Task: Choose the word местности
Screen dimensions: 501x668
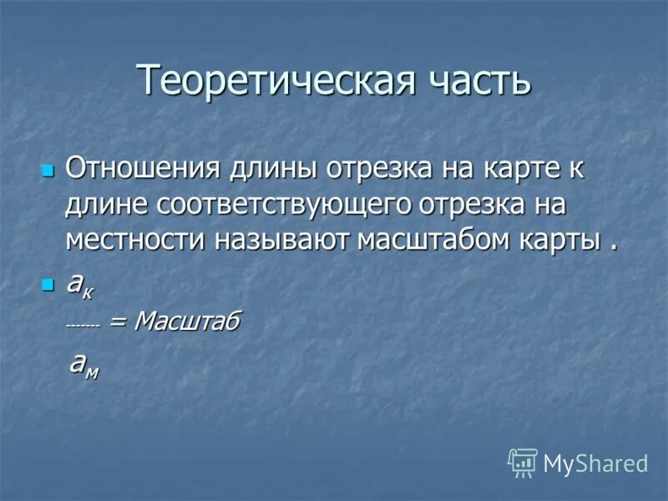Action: coord(134,240)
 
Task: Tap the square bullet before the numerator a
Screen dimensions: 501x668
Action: coord(47,286)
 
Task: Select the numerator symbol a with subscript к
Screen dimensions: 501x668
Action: coord(80,285)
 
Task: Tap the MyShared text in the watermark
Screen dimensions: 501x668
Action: coord(595,463)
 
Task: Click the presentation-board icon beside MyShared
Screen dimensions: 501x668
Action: coord(523,463)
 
